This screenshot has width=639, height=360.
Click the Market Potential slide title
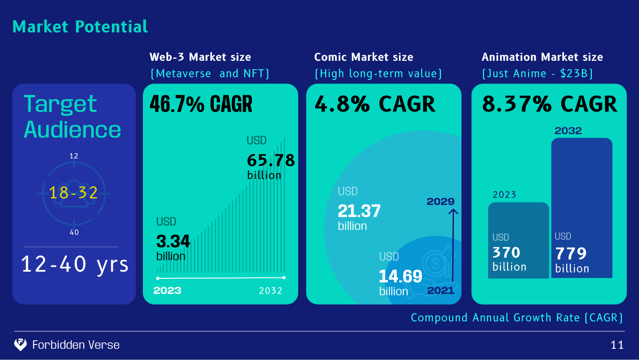tap(80, 27)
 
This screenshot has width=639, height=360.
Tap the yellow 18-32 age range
tap(73, 192)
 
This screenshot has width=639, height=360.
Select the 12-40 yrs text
tap(75, 265)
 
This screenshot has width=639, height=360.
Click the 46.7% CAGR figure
tap(201, 104)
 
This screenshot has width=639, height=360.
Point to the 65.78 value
tap(271, 160)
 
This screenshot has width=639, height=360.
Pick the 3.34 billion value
tap(173, 242)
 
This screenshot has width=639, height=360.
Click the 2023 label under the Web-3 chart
tap(167, 291)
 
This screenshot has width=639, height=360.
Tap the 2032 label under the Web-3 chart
tap(271, 291)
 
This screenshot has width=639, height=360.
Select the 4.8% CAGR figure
tap(375, 104)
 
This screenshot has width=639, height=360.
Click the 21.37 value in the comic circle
tap(359, 211)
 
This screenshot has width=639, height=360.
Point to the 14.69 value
tap(400, 277)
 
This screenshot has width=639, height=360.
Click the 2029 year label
tap(441, 202)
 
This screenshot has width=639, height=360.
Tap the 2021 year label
tap(441, 291)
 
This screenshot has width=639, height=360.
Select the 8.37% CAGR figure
tap(549, 104)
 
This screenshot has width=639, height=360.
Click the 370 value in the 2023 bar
tap(506, 253)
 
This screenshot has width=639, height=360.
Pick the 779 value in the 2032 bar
tap(571, 254)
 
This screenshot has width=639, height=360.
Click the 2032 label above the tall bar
tap(568, 131)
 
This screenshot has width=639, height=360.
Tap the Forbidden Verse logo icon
tap(20, 344)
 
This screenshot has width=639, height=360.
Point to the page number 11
tap(617, 345)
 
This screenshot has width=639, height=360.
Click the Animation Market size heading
tap(542, 57)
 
